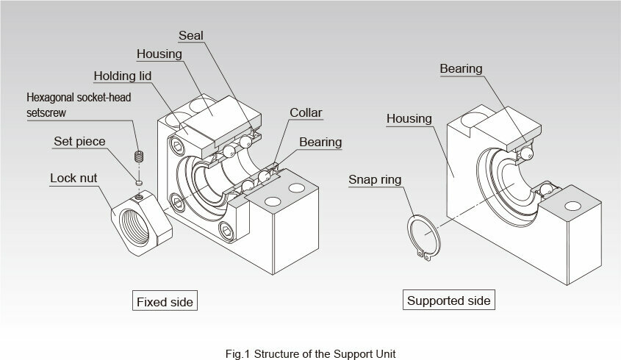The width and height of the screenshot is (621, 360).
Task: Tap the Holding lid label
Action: coord(123,76)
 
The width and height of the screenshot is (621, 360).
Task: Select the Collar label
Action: coord(306,113)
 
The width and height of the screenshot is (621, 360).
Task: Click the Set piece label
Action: coord(79,141)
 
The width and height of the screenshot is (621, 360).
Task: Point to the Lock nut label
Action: coord(74,178)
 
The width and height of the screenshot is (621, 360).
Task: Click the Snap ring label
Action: coord(375,179)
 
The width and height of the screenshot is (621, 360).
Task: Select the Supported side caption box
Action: coord(448,300)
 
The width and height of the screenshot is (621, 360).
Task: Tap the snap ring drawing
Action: coord(424,235)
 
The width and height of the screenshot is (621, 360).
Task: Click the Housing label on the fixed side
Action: coord(160,54)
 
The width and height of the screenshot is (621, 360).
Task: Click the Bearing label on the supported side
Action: coord(461,69)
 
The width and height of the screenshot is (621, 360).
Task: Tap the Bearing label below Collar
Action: coord(320,142)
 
